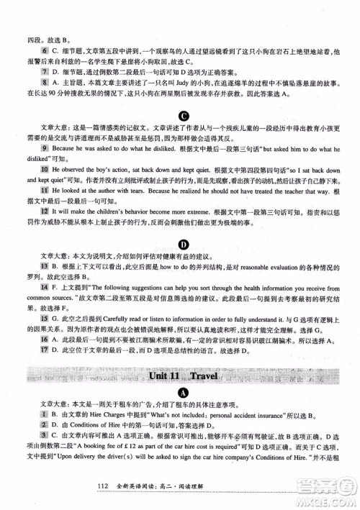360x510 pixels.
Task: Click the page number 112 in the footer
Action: click(102, 488)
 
